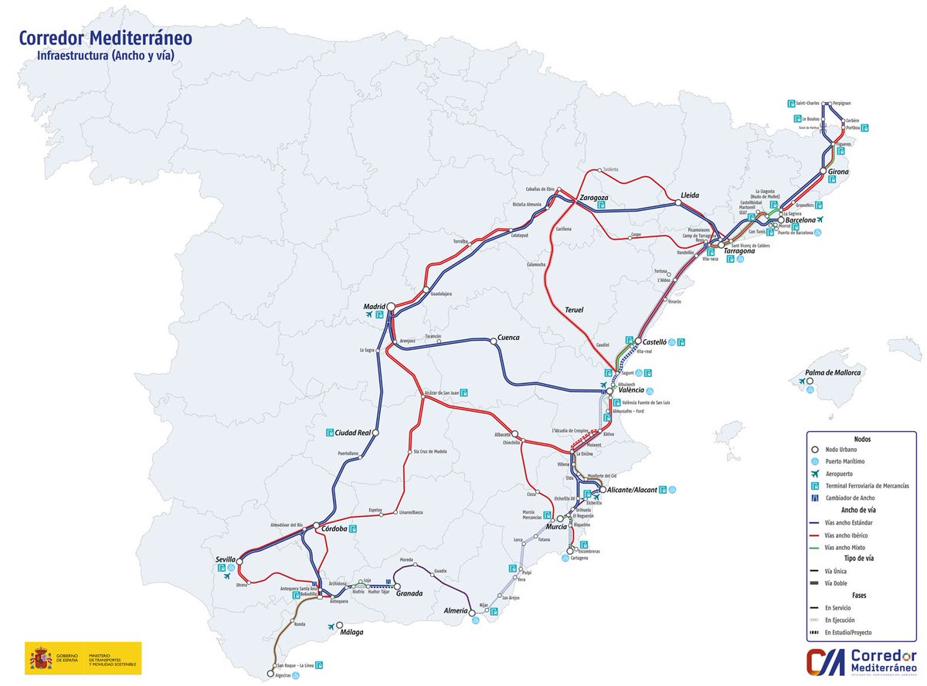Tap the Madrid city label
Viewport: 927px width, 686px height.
click(374, 307)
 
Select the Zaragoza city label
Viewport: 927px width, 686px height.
click(593, 198)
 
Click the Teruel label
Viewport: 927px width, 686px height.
click(573, 310)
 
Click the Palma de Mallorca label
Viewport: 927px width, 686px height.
click(833, 372)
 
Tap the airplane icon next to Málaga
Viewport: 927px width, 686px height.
click(332, 626)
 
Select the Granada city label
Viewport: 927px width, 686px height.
click(409, 593)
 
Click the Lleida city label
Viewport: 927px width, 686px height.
click(690, 195)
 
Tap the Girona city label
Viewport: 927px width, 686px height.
click(838, 171)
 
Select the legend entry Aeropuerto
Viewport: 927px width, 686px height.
click(838, 474)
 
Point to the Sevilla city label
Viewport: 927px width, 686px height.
click(226, 559)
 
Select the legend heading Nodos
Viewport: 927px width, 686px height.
click(862, 438)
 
